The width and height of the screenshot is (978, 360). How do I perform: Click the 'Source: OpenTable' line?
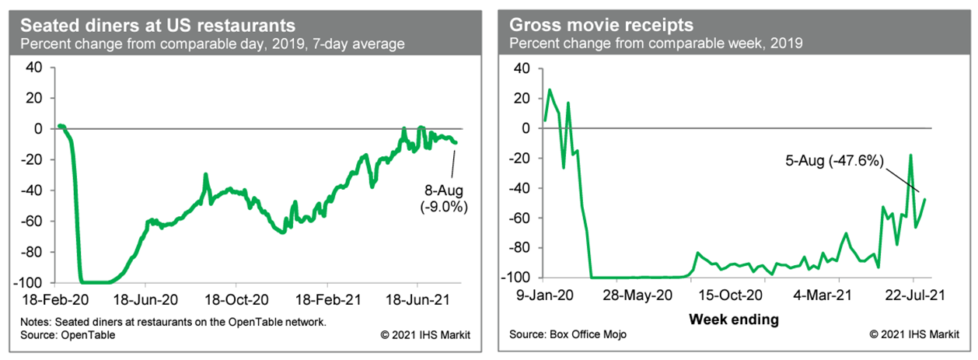coord(67,335)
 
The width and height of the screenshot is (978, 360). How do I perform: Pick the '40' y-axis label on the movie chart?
coord(522,68)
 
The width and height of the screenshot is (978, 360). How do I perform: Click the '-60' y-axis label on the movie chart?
coord(518,218)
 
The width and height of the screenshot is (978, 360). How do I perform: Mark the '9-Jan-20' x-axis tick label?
coord(546,296)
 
